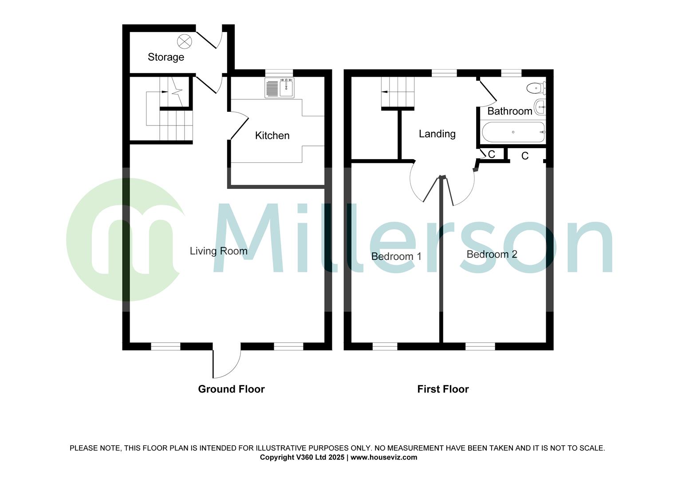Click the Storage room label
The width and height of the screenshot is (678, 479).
coord(166,57)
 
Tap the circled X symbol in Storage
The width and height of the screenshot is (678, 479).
coord(185,42)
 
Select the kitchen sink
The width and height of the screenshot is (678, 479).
coord(280,88)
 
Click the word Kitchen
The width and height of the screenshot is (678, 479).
coord(272,136)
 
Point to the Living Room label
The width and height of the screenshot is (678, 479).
coord(218,251)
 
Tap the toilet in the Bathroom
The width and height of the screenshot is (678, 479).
coord(536,88)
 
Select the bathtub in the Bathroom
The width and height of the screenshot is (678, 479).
coord(512,132)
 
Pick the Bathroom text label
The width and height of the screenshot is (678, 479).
coord(509,111)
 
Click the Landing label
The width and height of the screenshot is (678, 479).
coord(437,134)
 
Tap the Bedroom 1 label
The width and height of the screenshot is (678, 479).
coord(396,256)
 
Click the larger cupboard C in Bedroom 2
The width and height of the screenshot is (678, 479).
coord(525,156)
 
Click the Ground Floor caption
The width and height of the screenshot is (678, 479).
coord(231,389)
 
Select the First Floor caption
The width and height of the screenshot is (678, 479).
coord(443,389)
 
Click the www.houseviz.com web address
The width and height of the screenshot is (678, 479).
coord(384,457)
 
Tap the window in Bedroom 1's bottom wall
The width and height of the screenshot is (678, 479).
coord(385,346)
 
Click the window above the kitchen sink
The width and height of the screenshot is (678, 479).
coord(279,73)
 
